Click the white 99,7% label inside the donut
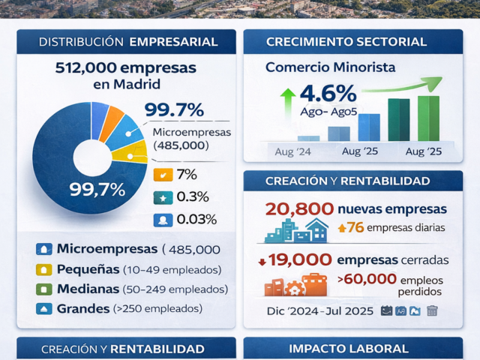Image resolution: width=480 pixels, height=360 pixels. point(97,189)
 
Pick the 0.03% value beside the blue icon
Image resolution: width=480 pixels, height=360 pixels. point(196,220)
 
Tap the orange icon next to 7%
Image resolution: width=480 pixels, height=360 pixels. point(162,175)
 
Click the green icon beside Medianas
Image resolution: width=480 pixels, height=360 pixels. point(44,289)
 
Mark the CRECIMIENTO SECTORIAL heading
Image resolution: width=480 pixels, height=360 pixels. point(352,41)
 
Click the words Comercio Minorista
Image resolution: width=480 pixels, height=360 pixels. point(331,67)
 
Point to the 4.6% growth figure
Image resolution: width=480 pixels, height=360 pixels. point(328,94)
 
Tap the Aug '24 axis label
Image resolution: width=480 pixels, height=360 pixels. point(294,151)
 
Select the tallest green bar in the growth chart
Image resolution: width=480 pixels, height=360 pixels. point(428,118)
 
